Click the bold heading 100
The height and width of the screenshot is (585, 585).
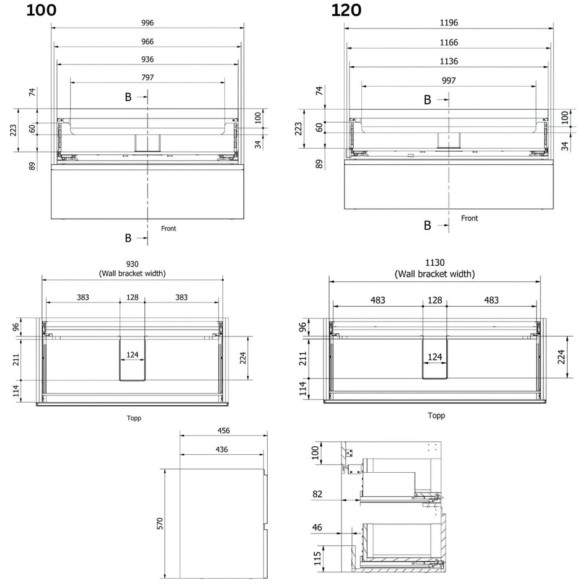click(42, 11)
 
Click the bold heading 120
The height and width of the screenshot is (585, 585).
click(346, 11)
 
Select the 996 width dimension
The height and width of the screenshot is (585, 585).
click(147, 23)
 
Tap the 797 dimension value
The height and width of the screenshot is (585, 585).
click(147, 77)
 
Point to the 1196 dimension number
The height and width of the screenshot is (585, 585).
click(449, 23)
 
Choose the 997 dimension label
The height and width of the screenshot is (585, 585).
click(449, 81)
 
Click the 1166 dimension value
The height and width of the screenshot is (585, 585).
click(449, 43)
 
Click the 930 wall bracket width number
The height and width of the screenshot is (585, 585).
click(132, 264)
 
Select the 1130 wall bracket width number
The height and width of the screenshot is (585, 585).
click(435, 263)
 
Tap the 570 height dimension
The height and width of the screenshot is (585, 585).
click(160, 524)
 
